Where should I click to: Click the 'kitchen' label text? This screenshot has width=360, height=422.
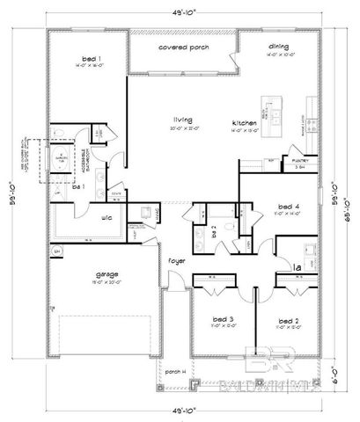pyautogui.click(x=244, y=121)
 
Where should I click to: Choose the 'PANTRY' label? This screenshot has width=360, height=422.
pyautogui.click(x=299, y=162)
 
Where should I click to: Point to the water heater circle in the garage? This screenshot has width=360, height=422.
pyautogui.click(x=57, y=251)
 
